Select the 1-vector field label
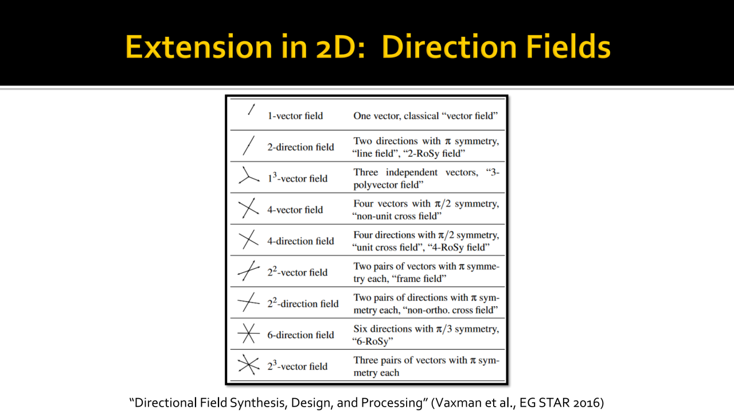(295, 116)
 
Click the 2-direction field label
(300, 147)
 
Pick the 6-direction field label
(300, 335)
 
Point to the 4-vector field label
(295, 210)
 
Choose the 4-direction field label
(300, 241)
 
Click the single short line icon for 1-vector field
(251, 109)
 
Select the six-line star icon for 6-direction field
(249, 333)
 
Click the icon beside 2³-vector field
(249, 364)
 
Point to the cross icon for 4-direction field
(249, 240)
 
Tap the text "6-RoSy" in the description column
(373, 341)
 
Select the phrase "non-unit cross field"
(397, 216)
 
